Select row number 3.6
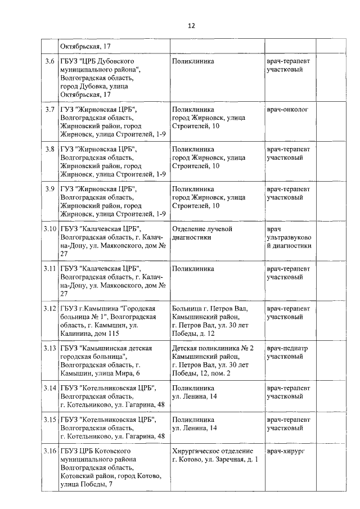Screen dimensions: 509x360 tap(50, 60)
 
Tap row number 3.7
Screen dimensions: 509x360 tap(50, 109)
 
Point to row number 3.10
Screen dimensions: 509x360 tap(50, 229)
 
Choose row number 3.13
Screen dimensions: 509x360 tap(50, 349)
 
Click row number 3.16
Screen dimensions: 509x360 tap(50, 451)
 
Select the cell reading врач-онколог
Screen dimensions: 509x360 tap(287, 109)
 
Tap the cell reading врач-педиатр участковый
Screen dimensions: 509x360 tap(287, 353)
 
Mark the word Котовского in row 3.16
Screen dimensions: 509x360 tap(114, 451)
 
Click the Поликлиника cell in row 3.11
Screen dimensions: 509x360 tap(193, 269)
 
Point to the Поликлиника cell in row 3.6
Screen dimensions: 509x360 tap(193, 60)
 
